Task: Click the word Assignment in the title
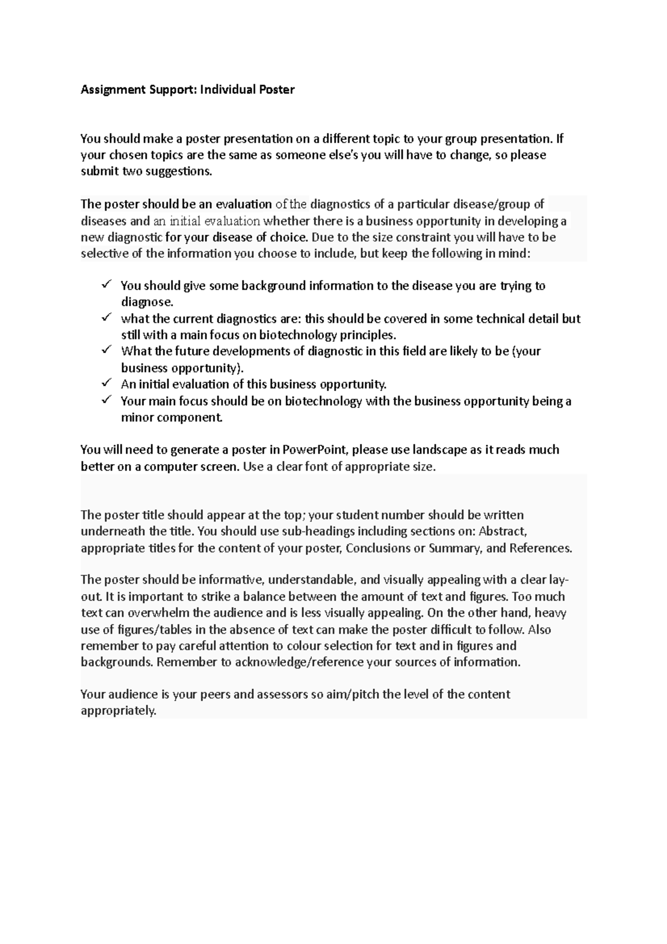[109, 90]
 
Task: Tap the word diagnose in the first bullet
[147, 302]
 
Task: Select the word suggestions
[178, 172]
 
